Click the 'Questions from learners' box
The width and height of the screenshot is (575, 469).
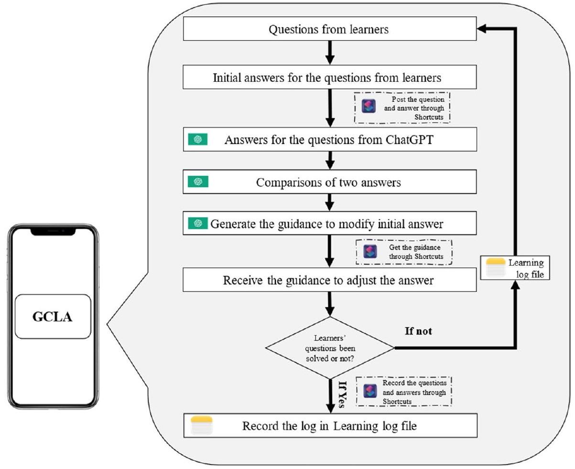[x=328, y=30]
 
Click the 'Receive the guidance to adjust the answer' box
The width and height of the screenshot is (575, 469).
[x=328, y=280]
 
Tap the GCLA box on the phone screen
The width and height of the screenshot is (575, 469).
[x=53, y=317]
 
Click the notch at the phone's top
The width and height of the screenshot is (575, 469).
[x=53, y=231]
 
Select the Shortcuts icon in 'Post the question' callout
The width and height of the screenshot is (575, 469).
[x=369, y=106]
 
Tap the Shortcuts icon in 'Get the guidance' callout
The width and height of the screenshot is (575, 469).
[x=369, y=252]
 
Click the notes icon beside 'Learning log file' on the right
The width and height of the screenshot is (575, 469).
[x=495, y=268]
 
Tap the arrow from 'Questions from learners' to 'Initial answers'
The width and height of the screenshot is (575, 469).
[x=329, y=52]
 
